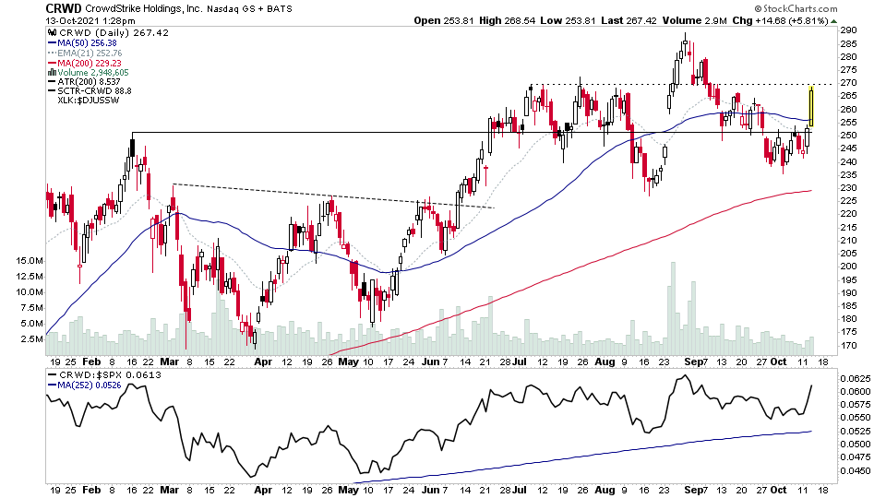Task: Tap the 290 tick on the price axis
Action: tap(847, 30)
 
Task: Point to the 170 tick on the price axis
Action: tap(847, 346)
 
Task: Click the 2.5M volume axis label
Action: tap(29, 338)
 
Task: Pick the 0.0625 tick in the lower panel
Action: tap(852, 379)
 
